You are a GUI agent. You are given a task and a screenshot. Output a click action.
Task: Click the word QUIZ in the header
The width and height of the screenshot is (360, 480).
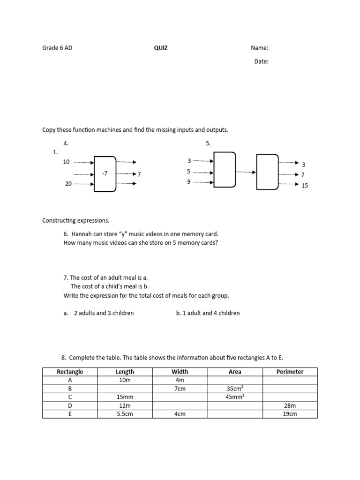click(x=161, y=48)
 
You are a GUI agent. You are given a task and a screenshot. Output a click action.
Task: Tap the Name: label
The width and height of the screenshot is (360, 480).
click(x=259, y=48)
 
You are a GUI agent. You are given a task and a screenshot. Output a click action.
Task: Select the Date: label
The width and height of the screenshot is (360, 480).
click(x=261, y=61)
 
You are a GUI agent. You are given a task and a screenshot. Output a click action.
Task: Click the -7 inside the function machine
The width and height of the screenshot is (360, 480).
click(x=105, y=173)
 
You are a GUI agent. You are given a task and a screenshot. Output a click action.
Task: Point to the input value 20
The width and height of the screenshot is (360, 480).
click(x=68, y=184)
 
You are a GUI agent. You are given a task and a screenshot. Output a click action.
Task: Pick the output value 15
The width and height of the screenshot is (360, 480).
click(x=305, y=186)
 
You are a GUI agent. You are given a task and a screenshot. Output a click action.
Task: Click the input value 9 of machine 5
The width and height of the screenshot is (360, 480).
click(x=189, y=182)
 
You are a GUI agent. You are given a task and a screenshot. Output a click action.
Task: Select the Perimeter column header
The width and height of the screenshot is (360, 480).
click(x=290, y=372)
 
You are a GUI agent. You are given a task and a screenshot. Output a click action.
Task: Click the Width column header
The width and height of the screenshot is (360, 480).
click(x=180, y=372)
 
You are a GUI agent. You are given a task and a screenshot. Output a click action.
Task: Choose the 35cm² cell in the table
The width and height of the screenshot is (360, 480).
click(x=235, y=389)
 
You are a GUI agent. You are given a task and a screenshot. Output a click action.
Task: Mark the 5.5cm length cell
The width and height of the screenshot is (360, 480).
click(x=125, y=414)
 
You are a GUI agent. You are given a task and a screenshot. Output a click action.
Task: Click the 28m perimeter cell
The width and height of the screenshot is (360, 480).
click(x=290, y=405)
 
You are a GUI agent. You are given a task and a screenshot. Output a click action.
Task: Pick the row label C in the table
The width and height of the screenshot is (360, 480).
click(x=70, y=397)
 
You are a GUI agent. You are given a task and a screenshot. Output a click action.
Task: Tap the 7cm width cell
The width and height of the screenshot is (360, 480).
click(x=180, y=389)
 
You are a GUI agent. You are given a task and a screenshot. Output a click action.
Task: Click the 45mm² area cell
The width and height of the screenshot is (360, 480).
click(x=235, y=397)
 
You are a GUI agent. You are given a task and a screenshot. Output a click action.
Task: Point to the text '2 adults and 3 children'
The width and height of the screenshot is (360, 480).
click(x=104, y=313)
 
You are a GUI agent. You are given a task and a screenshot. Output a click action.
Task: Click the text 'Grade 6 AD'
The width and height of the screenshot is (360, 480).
click(x=57, y=48)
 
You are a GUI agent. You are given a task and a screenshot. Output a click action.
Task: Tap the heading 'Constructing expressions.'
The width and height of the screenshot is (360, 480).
click(x=75, y=220)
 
